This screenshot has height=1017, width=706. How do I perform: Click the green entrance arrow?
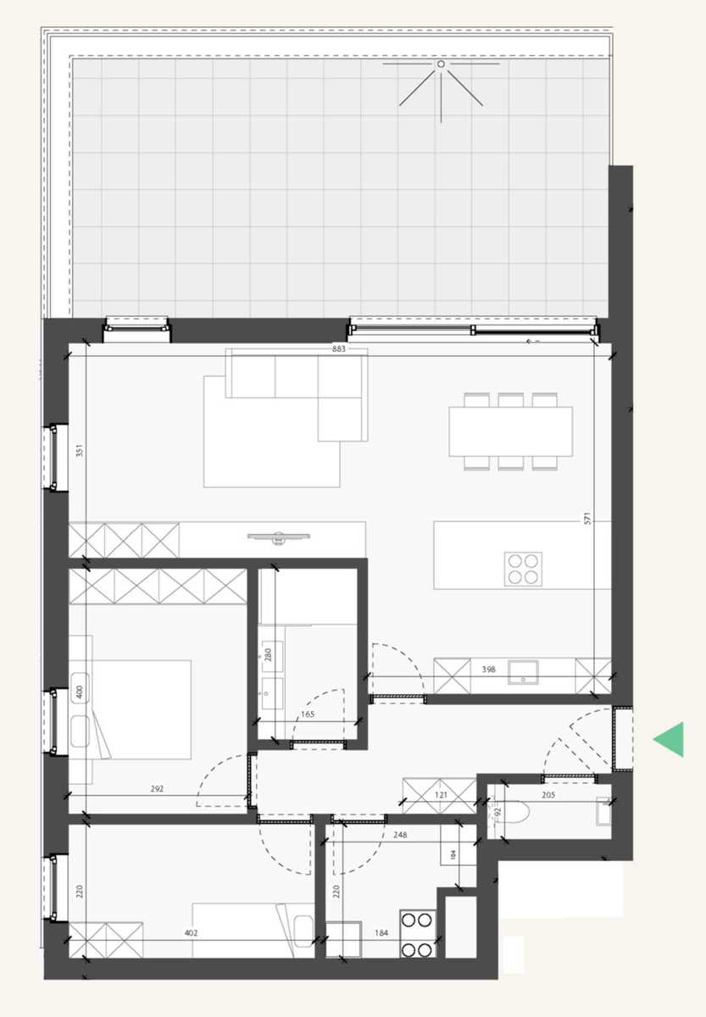pos(670,740)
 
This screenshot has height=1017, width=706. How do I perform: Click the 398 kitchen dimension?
pos(488,670)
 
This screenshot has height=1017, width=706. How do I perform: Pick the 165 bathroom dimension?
pos(308,715)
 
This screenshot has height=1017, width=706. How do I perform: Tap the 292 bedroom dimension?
pos(156,789)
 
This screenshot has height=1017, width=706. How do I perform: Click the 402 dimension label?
pos(191,934)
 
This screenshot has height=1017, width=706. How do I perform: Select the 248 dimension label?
pos(402,835)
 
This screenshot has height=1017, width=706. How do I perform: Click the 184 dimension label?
pos(381,934)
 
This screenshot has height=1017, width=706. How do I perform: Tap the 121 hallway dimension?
pos(441,796)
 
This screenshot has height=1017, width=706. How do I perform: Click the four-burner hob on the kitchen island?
pos(523,568)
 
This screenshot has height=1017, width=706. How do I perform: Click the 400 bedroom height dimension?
pos(79,692)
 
